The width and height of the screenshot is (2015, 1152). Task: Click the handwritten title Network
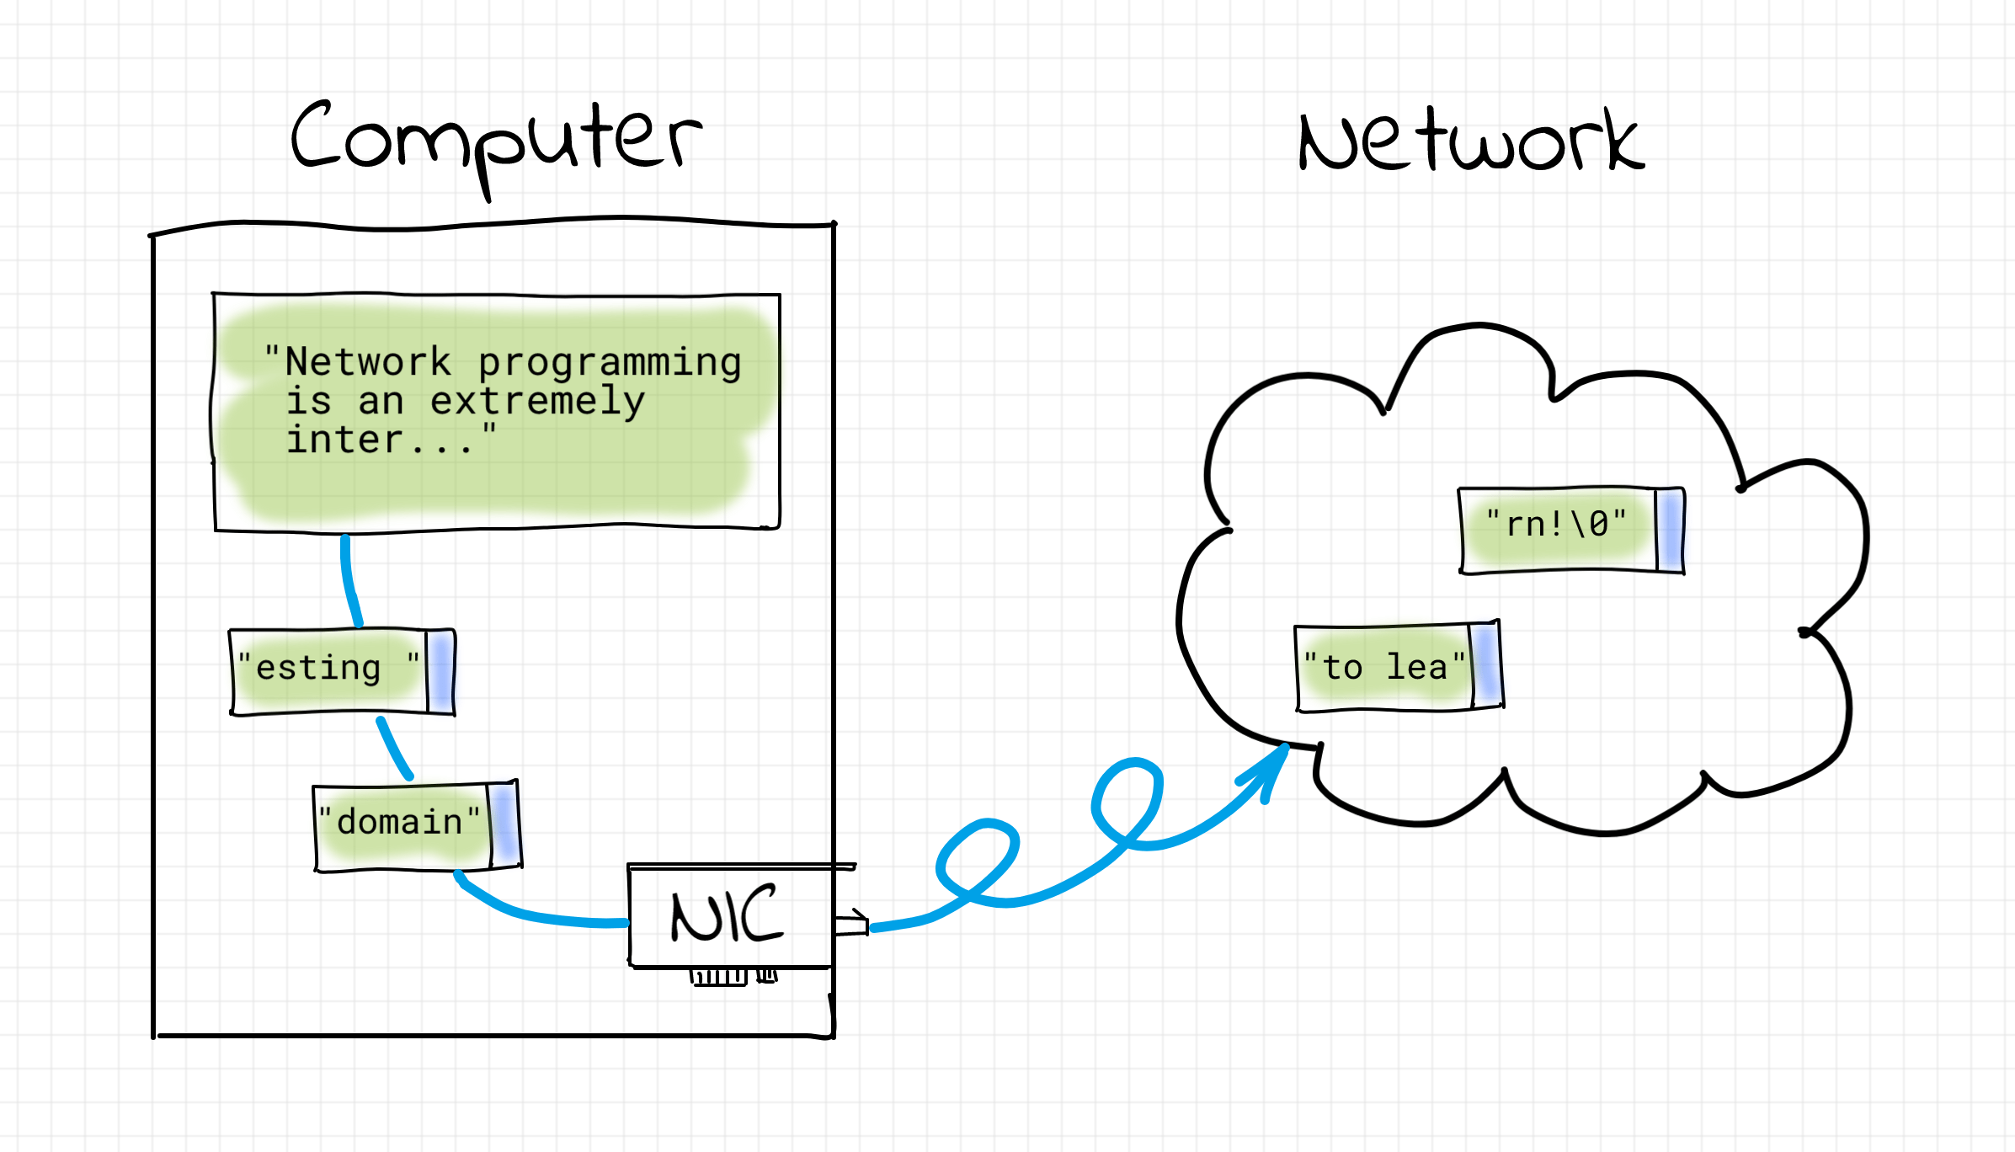(1469, 141)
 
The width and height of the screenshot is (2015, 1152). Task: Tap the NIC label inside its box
(727, 915)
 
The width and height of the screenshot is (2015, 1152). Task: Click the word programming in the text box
(610, 363)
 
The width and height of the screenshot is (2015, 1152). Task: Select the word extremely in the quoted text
(537, 402)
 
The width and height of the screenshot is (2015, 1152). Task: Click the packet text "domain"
(399, 823)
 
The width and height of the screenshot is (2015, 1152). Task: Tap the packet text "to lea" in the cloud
(1383, 668)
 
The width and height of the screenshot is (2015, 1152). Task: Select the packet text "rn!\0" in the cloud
(1556, 525)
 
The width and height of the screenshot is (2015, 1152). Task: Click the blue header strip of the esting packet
(440, 672)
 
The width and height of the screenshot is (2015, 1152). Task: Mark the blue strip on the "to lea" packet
(1485, 665)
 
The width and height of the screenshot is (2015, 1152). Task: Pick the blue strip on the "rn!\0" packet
(1670, 529)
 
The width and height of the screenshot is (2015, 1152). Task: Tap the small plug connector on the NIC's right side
(852, 925)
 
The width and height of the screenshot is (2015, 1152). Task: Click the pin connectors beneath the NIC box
(733, 977)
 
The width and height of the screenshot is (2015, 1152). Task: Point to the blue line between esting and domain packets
(393, 748)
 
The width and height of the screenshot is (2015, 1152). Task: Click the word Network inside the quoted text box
(368, 363)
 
